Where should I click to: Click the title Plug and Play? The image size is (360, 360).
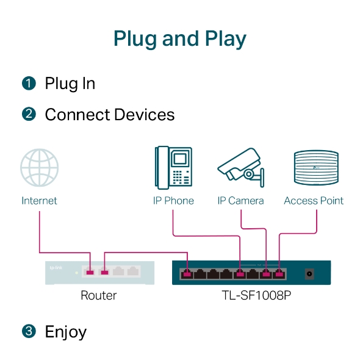click(180, 38)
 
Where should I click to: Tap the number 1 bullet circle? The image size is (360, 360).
click(29, 84)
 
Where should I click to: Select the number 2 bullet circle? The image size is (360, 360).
click(29, 115)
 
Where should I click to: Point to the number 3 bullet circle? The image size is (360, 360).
click(29, 331)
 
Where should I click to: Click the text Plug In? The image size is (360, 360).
click(70, 84)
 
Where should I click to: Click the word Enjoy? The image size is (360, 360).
click(65, 332)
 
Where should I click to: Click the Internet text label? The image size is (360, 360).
click(40, 201)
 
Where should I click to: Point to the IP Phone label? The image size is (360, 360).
click(174, 201)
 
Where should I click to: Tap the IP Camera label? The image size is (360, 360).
click(241, 201)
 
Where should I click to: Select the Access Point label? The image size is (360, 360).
click(314, 201)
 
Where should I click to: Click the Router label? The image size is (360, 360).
click(99, 296)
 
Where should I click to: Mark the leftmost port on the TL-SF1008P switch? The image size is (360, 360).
click(187, 274)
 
